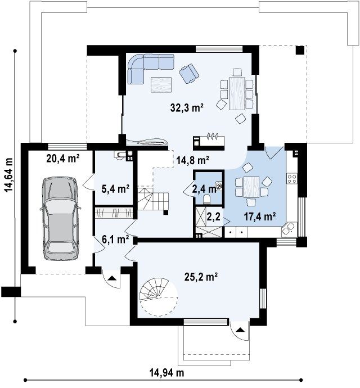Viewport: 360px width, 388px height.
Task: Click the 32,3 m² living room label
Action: coord(187,108)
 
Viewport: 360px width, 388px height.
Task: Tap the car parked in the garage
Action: coord(60,219)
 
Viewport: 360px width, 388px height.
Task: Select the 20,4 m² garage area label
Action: coord(63,159)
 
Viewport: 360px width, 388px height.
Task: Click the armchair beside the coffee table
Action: coord(188,73)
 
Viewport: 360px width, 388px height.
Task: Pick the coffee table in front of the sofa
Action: coord(161,84)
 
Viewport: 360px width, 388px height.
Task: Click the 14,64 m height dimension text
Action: coord(9,175)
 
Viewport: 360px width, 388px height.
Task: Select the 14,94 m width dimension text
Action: coord(167,372)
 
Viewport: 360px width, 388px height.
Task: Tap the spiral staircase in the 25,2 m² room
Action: coord(159,297)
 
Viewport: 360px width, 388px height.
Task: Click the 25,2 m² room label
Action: coord(201,277)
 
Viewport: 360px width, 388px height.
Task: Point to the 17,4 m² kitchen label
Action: coord(260,217)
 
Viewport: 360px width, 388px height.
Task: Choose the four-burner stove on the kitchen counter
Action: coord(292,179)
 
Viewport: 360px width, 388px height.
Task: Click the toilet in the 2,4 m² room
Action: coord(207,199)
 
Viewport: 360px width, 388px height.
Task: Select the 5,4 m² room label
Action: coord(115,189)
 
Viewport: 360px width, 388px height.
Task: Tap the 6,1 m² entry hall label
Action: coord(115,240)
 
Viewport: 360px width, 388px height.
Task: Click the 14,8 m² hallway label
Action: coord(193,160)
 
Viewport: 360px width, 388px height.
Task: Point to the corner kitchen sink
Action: coord(289,229)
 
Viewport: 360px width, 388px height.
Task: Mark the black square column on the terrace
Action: coord(300,51)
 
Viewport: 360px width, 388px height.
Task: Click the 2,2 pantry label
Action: coord(214,218)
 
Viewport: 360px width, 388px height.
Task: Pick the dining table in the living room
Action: coord(237,93)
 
